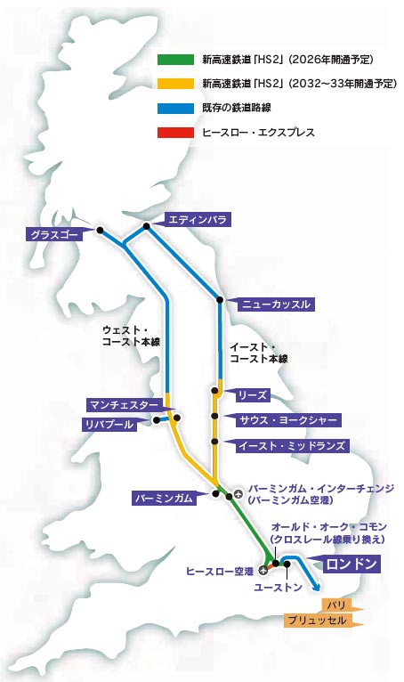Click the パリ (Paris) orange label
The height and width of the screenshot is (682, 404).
(337, 605)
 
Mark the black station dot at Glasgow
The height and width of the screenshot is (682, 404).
(100, 231)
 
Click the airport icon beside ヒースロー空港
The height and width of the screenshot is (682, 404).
(263, 570)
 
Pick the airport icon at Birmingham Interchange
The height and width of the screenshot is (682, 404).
(238, 491)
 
